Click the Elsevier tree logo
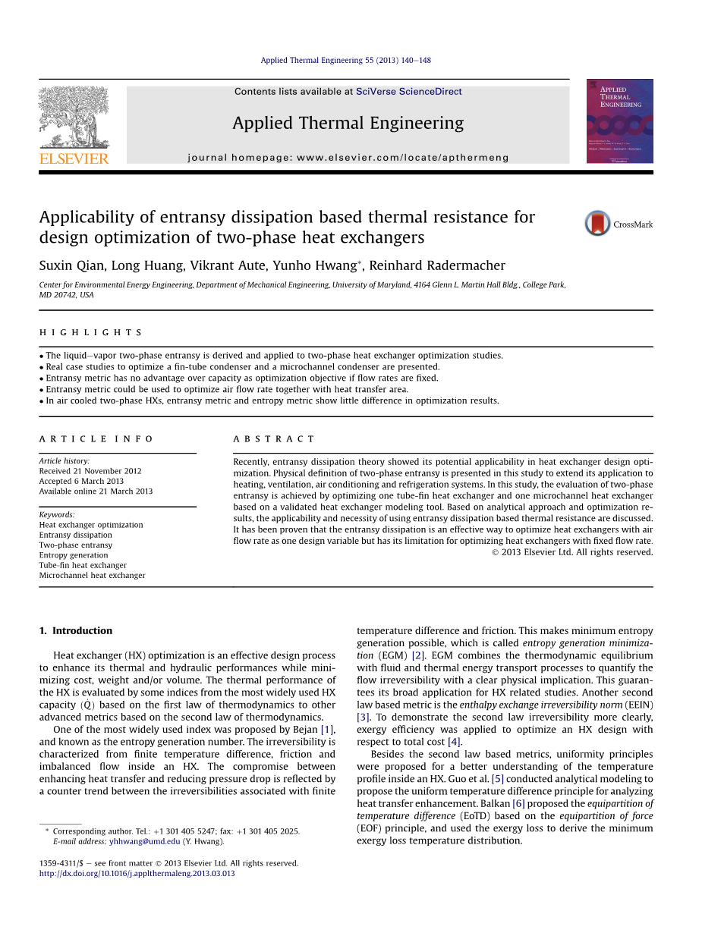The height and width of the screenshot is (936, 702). pyautogui.click(x=74, y=117)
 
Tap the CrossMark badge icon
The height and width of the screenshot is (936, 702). pyautogui.click(x=597, y=224)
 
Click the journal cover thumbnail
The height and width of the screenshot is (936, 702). pyautogui.click(x=619, y=121)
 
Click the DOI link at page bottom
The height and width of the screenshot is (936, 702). pyautogui.click(x=137, y=873)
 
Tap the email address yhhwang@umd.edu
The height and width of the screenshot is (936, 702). pyautogui.click(x=144, y=841)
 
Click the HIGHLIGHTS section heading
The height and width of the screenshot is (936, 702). pyautogui.click(x=90, y=332)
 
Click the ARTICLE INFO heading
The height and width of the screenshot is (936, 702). pyautogui.click(x=96, y=439)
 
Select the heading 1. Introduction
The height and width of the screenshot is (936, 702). pyautogui.click(x=75, y=630)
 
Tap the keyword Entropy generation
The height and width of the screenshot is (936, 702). pyautogui.click(x=74, y=555)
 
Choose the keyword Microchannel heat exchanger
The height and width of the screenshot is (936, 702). pyautogui.click(x=92, y=575)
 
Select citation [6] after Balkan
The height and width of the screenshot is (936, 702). pyautogui.click(x=518, y=803)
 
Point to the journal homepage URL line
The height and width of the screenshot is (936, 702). pyautogui.click(x=348, y=158)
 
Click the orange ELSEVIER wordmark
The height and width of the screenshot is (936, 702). pyautogui.click(x=74, y=159)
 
